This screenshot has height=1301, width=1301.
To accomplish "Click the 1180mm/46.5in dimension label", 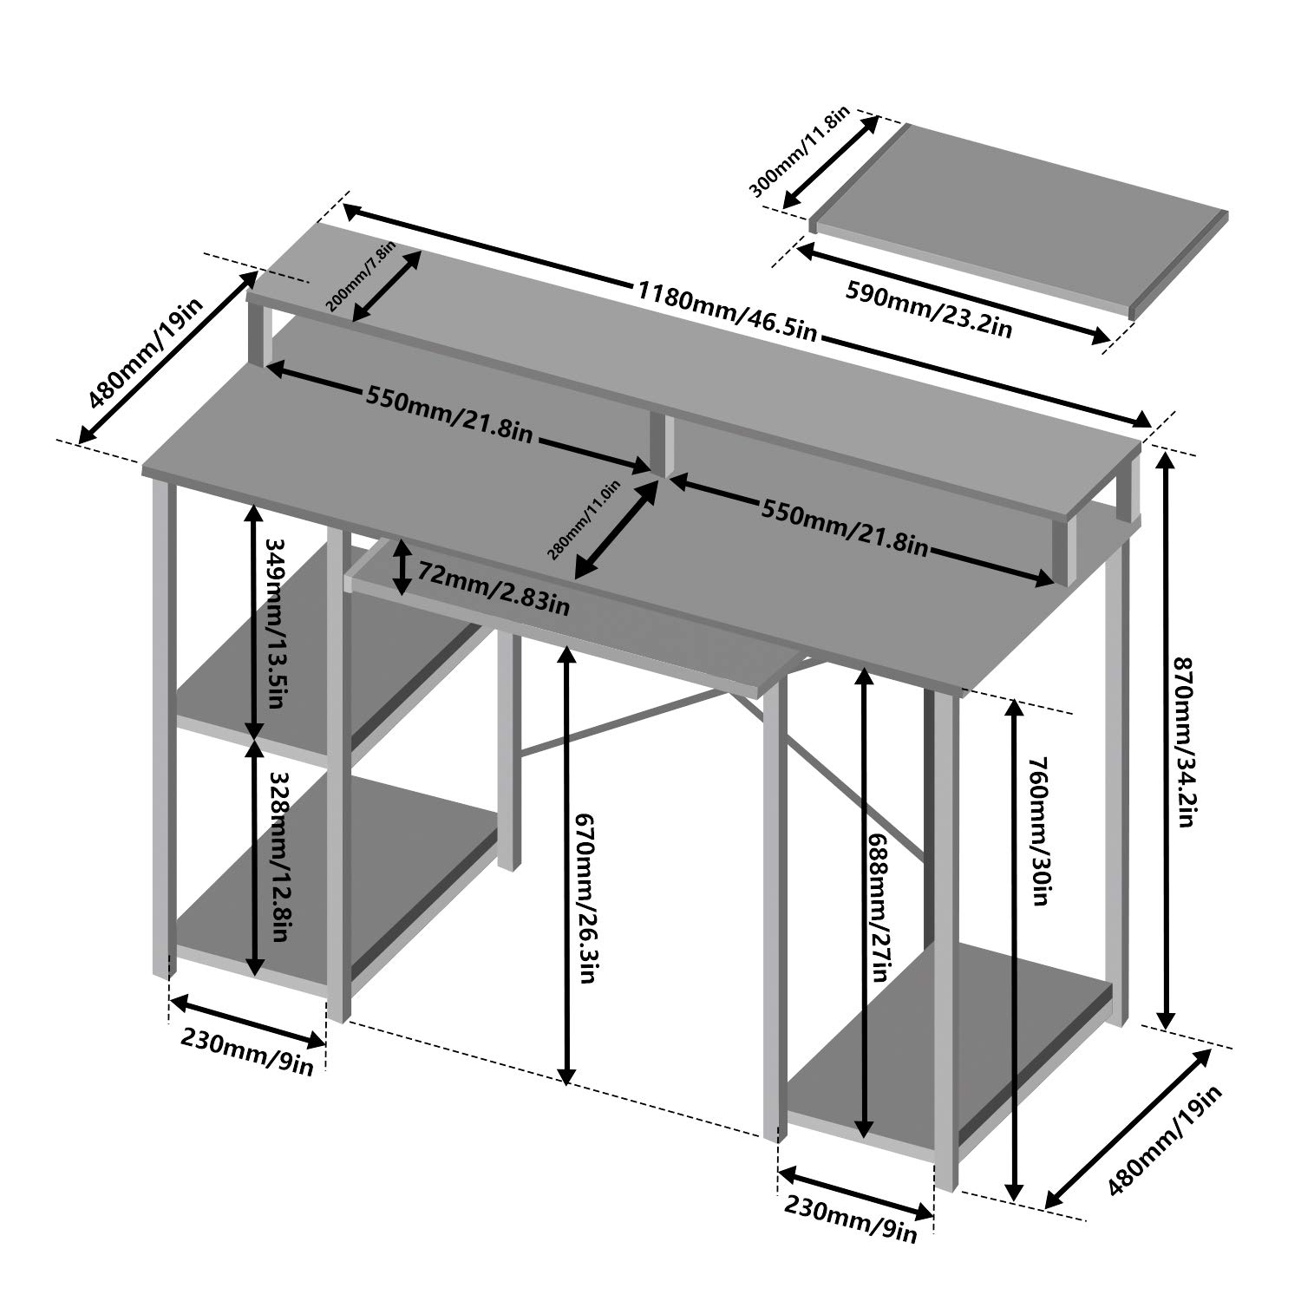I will click(727, 309).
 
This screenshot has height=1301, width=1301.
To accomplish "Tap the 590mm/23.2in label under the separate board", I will click(929, 304).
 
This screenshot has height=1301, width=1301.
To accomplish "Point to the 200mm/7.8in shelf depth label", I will click(361, 277).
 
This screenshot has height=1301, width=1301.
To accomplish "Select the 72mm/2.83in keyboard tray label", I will click(494, 587).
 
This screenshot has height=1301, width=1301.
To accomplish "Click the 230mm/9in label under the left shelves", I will click(246, 1052).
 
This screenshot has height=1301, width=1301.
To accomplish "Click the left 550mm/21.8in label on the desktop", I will click(448, 413).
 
